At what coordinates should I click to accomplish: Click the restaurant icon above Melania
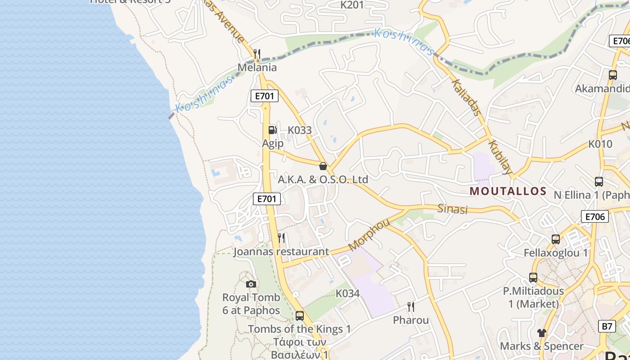click(x=257, y=54)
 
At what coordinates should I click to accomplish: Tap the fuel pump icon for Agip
click(x=272, y=130)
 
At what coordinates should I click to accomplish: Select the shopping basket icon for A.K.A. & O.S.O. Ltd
click(x=323, y=166)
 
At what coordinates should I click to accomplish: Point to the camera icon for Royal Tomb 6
click(x=251, y=284)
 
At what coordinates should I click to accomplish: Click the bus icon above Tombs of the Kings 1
click(x=300, y=316)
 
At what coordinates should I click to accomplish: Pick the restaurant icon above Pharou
click(x=410, y=307)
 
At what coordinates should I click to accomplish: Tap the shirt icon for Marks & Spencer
click(x=541, y=333)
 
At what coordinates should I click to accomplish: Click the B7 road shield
click(x=607, y=326)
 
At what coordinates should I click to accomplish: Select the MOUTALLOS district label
click(x=508, y=191)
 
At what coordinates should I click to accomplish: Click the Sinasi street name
click(x=453, y=209)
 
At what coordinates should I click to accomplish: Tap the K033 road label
click(x=300, y=130)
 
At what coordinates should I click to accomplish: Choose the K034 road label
click(x=348, y=293)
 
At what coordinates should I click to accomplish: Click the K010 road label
click(x=600, y=144)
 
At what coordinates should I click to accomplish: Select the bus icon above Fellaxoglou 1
click(x=556, y=239)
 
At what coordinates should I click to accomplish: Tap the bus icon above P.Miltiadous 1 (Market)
click(x=533, y=278)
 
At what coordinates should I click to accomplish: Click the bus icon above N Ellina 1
click(x=599, y=182)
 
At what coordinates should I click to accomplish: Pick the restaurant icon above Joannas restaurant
click(x=281, y=238)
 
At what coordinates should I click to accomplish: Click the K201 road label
click(x=352, y=5)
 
